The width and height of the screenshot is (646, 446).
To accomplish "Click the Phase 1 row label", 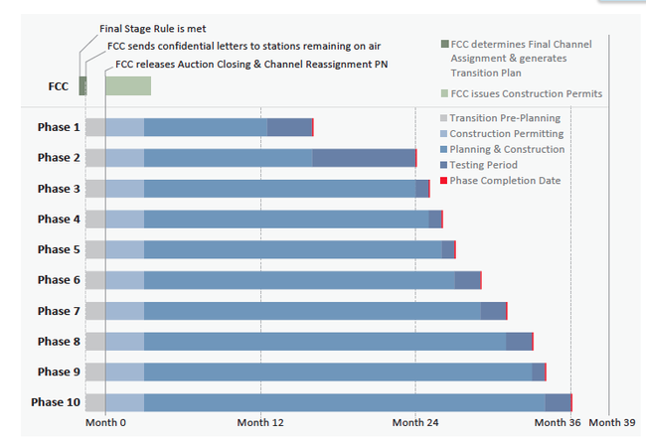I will click(59, 127).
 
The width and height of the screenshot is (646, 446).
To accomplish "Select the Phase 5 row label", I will click(59, 249).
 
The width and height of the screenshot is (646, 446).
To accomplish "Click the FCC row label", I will click(59, 86).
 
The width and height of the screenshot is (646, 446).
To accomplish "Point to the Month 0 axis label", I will click(105, 422).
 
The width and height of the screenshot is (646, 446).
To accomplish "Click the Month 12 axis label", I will click(260, 422).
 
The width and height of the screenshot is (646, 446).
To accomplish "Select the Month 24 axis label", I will click(415, 422).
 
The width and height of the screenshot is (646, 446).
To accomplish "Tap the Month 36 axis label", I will click(557, 422).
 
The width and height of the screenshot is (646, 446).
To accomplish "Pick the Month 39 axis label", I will click(612, 422).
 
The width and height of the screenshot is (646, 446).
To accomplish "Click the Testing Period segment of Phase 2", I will click(364, 158).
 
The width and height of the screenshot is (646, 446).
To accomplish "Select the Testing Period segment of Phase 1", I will click(289, 127).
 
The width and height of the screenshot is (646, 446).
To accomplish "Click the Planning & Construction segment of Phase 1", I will click(206, 127).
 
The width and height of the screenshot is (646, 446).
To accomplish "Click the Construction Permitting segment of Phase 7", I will click(124, 311).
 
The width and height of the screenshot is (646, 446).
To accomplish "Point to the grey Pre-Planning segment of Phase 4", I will click(94, 220).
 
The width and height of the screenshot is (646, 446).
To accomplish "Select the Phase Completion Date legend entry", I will click(505, 181).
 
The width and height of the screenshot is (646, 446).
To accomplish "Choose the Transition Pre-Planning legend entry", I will click(505, 118).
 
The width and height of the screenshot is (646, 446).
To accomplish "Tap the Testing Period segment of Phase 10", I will click(558, 402).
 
